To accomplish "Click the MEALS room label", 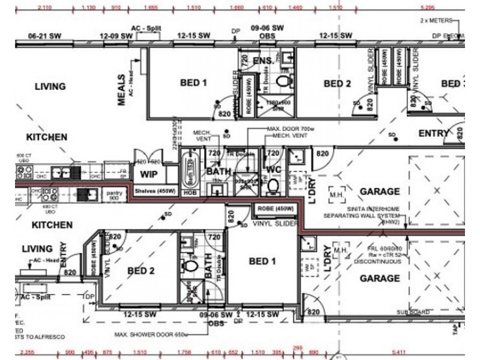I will [x=122, y=90].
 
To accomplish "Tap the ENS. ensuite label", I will [x=263, y=61].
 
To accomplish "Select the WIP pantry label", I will [x=149, y=175].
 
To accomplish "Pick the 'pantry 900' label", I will [x=112, y=196].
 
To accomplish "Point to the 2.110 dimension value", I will [x=44, y=8].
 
